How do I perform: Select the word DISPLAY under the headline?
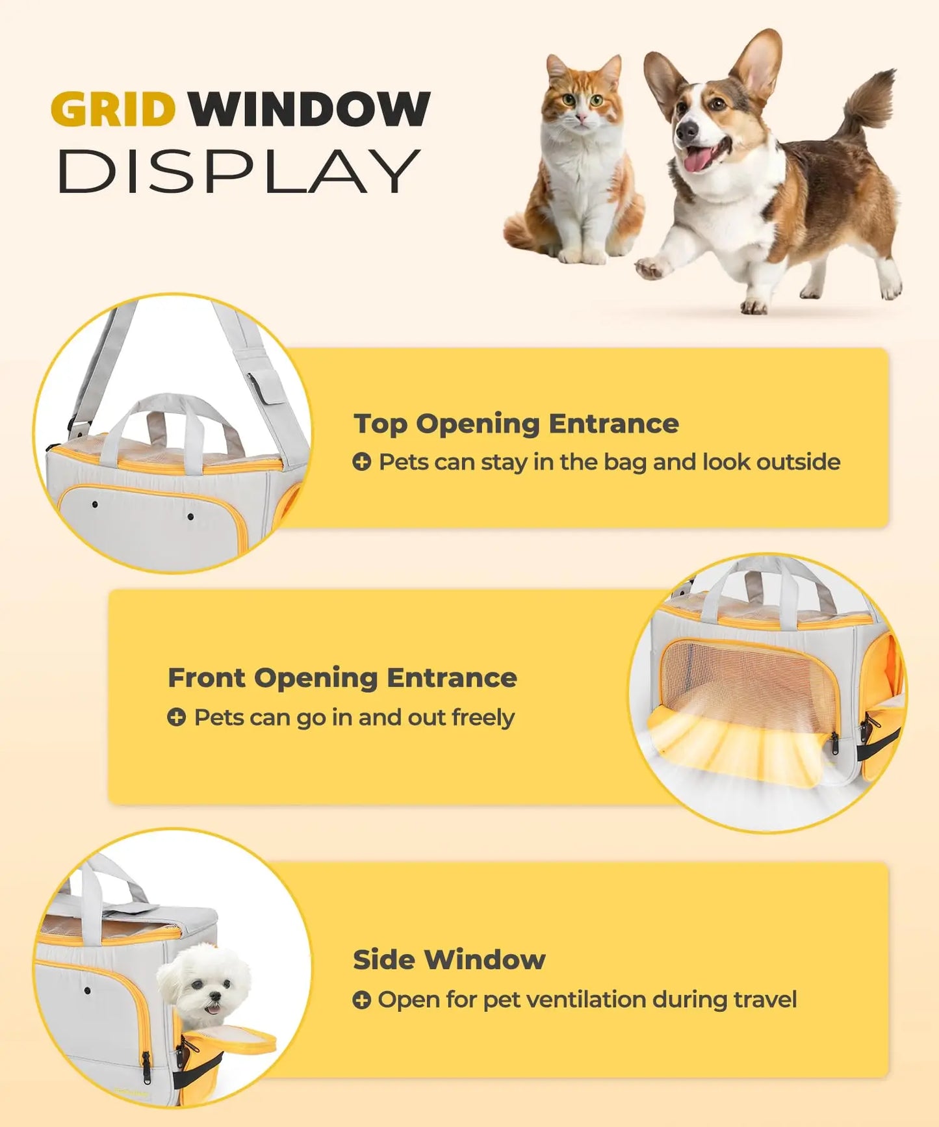tap(239, 171)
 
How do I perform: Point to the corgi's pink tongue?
tap(696, 159)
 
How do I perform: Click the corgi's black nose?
tap(686, 130)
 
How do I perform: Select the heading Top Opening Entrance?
tap(516, 424)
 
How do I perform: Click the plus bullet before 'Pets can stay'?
tap(361, 462)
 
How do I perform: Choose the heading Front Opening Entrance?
tap(342, 678)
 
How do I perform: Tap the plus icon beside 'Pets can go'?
tap(176, 718)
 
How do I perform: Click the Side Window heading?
tap(449, 959)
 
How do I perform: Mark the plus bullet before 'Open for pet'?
tap(361, 1000)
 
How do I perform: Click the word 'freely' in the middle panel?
tap(483, 718)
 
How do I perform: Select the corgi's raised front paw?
tap(650, 266)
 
